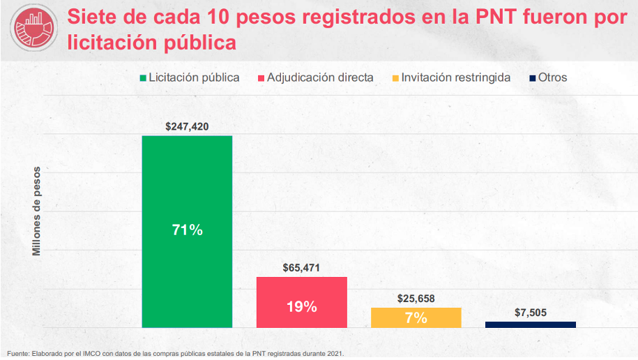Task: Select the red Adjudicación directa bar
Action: coord(301,293)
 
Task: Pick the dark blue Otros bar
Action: coord(530,324)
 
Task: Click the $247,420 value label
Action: coord(187,127)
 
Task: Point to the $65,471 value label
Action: coord(301,267)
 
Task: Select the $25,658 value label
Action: coord(416,298)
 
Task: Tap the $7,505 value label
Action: coord(530,313)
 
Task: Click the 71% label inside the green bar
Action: coord(187,230)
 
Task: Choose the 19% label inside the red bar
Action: coord(301,306)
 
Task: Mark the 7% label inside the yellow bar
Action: coord(416,318)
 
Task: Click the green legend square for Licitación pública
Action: coord(144,78)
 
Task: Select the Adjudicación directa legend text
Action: coord(320,77)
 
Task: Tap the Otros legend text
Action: coord(552,77)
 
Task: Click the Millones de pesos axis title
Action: coord(37,211)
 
